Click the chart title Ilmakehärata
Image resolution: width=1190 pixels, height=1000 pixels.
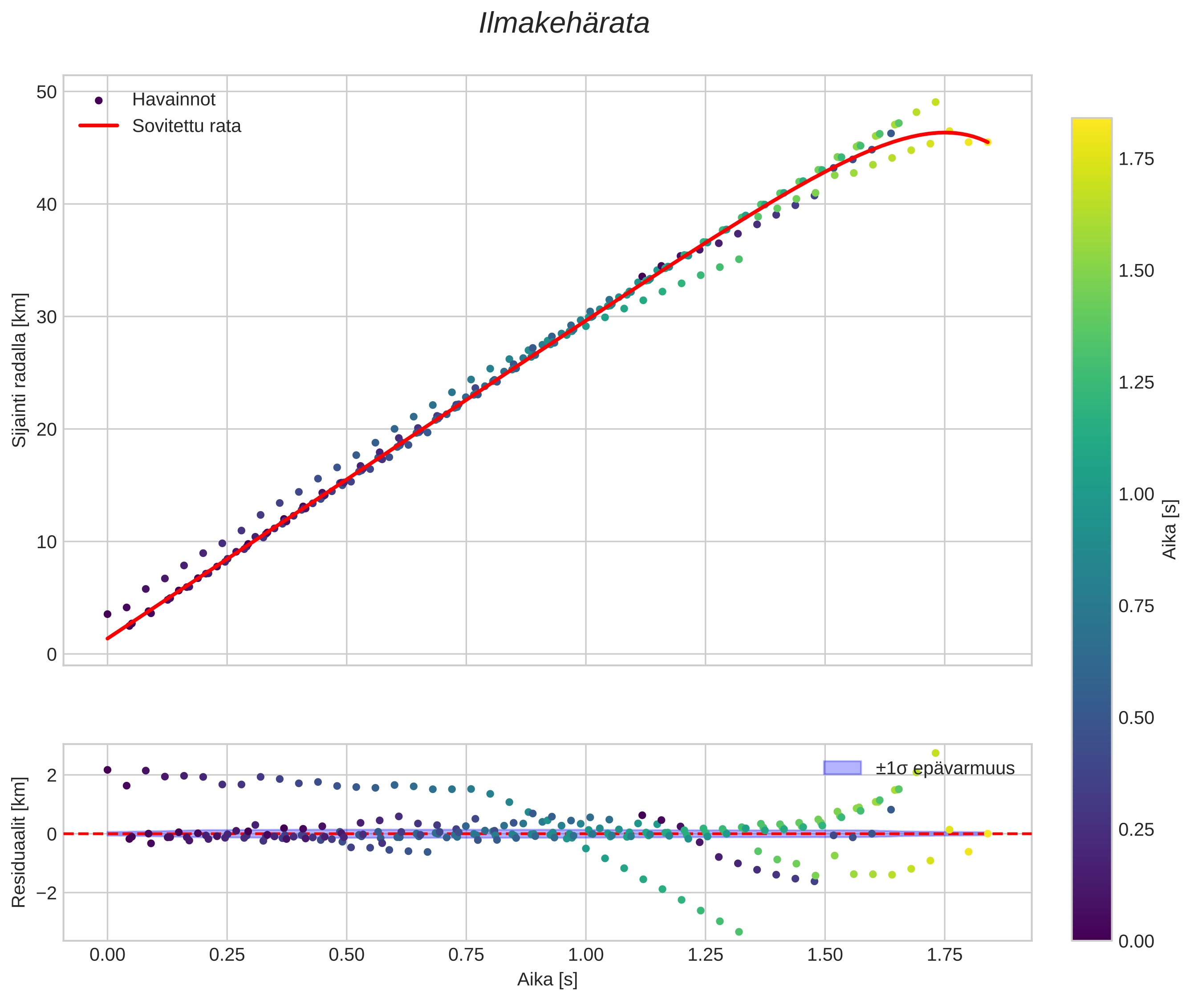[x=564, y=24]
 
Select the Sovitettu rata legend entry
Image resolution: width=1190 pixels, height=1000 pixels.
[x=187, y=126]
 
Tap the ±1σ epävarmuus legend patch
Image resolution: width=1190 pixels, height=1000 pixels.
[x=842, y=768]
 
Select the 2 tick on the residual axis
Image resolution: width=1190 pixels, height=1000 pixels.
[x=52, y=775]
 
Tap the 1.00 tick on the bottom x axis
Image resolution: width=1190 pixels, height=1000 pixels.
[x=585, y=955]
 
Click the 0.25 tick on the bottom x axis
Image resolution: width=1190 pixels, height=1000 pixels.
[x=227, y=955]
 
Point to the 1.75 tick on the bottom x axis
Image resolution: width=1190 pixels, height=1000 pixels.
[x=945, y=955]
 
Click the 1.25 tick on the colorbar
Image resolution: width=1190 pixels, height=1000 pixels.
[x=1136, y=382]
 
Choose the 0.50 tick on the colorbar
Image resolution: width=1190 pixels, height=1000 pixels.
[x=1136, y=718]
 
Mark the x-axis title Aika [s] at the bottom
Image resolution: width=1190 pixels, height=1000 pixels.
[x=547, y=980]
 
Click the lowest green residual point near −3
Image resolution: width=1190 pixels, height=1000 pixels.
[x=739, y=932]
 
